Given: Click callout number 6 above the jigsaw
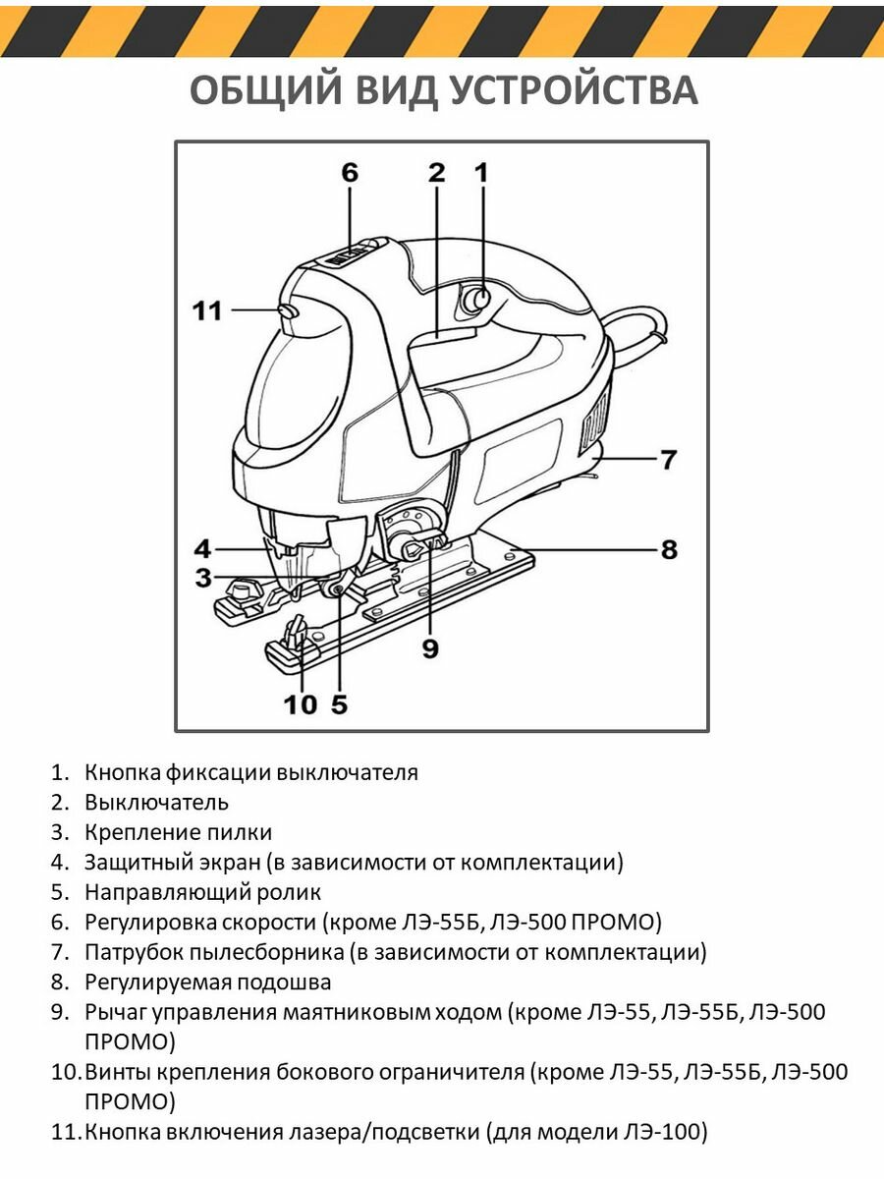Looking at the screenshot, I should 350,173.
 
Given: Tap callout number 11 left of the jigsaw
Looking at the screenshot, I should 207,311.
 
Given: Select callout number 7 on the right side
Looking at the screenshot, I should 668,459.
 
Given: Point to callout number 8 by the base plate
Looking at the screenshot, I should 669,549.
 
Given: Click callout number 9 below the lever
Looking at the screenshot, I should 429,648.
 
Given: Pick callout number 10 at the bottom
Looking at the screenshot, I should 301,704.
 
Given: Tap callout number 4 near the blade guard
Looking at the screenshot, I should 202,548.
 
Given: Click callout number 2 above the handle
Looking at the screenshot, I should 436,173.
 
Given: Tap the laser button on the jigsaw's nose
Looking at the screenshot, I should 288,310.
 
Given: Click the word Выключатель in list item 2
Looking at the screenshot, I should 156,803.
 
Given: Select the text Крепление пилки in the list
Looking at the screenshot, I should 178,833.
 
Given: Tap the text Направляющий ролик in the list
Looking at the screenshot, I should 202,893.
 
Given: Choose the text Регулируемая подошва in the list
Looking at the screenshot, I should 207,982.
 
